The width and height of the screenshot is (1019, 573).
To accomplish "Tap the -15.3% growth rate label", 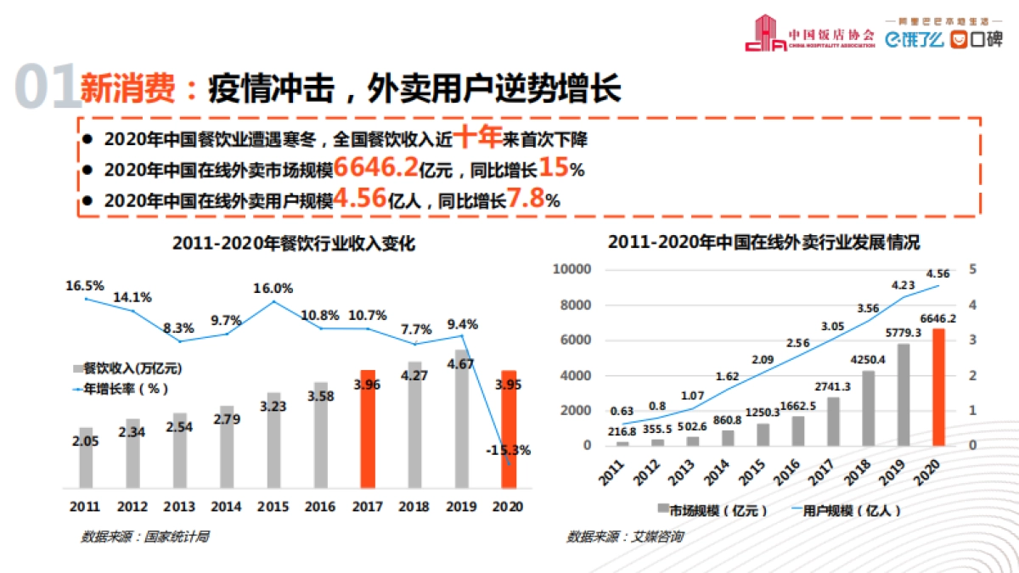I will (x=508, y=450).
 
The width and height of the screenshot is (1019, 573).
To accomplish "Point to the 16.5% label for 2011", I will (x=84, y=286).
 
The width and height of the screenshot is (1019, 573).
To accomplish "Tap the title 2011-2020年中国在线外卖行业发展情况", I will (x=763, y=242).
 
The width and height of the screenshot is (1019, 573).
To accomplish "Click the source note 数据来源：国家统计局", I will (x=144, y=536).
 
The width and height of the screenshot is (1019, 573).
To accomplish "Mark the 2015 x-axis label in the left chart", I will (x=273, y=508).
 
